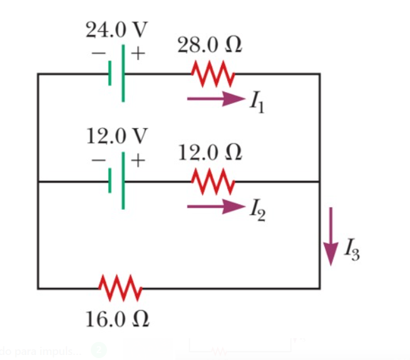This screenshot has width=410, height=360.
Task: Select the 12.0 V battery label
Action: coord(117,136)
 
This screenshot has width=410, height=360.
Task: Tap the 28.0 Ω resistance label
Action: coord(210,45)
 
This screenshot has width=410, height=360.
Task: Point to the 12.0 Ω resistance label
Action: coord(210,152)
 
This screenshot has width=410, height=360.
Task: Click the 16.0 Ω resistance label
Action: coord(118,319)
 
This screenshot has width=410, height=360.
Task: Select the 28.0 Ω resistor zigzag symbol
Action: coord(213,74)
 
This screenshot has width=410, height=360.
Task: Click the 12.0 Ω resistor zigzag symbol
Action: coord(213,181)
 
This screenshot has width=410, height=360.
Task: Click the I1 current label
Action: coord(257,102)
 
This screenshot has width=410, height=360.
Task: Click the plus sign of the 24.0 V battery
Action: coord(137,54)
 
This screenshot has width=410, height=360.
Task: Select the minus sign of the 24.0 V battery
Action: coord(99,54)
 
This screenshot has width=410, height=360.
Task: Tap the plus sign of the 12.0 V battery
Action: coord(137,160)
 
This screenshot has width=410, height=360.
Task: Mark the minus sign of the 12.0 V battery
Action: coord(99,160)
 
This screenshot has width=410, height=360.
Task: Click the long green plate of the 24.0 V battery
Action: coord(123,73)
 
